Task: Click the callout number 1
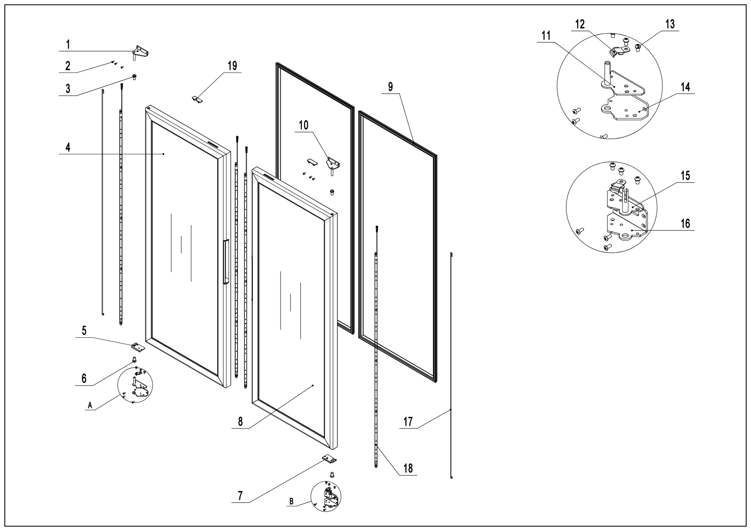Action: click(x=68, y=45)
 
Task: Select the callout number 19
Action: click(x=232, y=66)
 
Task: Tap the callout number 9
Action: click(x=391, y=87)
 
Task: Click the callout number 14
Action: click(x=685, y=87)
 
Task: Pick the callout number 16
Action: click(x=685, y=224)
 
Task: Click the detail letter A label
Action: click(x=90, y=406)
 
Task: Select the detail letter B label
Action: click(x=291, y=502)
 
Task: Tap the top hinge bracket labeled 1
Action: click(x=140, y=52)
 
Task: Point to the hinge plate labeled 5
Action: click(x=138, y=346)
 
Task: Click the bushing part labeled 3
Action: click(x=134, y=77)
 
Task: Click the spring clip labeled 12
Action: click(x=619, y=51)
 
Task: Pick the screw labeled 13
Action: click(x=638, y=48)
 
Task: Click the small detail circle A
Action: click(x=135, y=385)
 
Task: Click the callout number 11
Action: click(x=546, y=36)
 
